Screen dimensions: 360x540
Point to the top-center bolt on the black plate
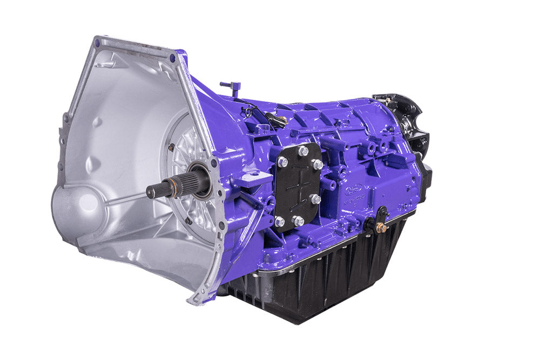click(x=303, y=151)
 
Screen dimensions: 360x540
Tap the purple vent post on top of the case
click(x=233, y=87)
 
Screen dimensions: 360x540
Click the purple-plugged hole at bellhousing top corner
click(x=172, y=58)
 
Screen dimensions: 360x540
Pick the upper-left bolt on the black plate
click(x=283, y=161)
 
